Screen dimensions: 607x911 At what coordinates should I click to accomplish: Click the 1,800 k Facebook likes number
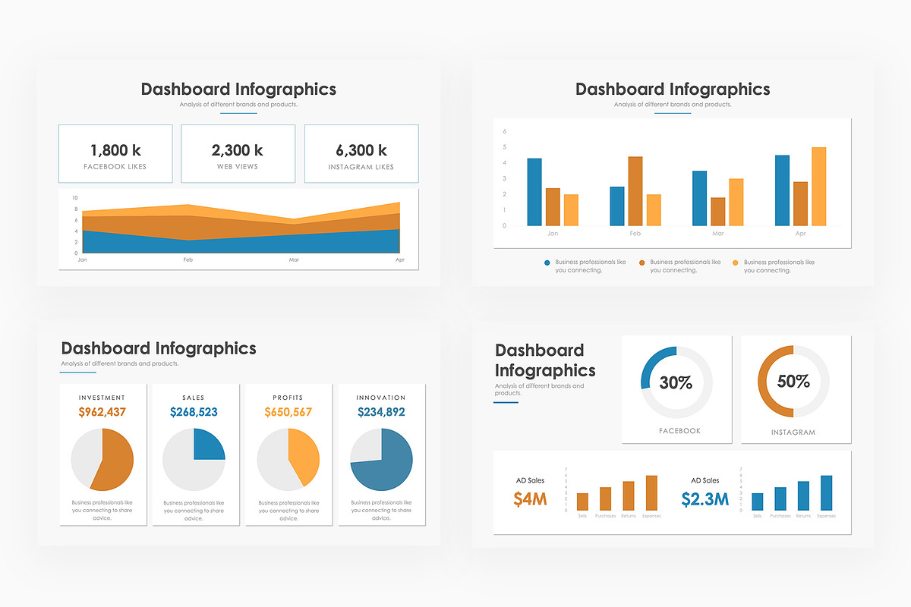click(115, 150)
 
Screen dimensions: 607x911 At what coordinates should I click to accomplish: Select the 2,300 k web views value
click(238, 150)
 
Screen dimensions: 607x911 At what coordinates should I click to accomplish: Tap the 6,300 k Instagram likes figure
click(361, 150)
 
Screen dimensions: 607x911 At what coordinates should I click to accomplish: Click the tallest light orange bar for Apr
click(818, 187)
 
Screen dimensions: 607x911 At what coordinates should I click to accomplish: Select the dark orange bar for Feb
click(635, 191)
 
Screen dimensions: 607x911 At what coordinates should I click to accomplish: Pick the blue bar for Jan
click(534, 192)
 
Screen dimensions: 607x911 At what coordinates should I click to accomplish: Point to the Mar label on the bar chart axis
click(718, 234)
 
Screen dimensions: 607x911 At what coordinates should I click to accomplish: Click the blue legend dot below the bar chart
click(547, 263)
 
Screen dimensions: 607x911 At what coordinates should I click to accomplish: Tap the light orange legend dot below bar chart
click(735, 263)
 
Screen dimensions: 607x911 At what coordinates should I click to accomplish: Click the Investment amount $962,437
click(102, 413)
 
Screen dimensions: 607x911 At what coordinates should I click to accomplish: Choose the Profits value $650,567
click(288, 413)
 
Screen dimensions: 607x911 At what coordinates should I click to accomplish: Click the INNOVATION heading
click(381, 398)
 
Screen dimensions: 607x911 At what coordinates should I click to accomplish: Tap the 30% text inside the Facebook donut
click(676, 383)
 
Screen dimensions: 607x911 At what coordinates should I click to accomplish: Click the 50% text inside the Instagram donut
click(793, 382)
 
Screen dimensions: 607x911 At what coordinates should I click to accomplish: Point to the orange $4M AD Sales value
click(530, 499)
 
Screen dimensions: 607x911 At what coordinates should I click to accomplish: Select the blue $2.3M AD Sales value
click(705, 499)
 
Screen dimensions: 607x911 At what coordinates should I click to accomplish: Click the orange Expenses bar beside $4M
click(651, 493)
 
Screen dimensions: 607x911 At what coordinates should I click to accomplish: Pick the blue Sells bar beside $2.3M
click(757, 502)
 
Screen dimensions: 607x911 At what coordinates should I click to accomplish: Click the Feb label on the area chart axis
click(188, 260)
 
